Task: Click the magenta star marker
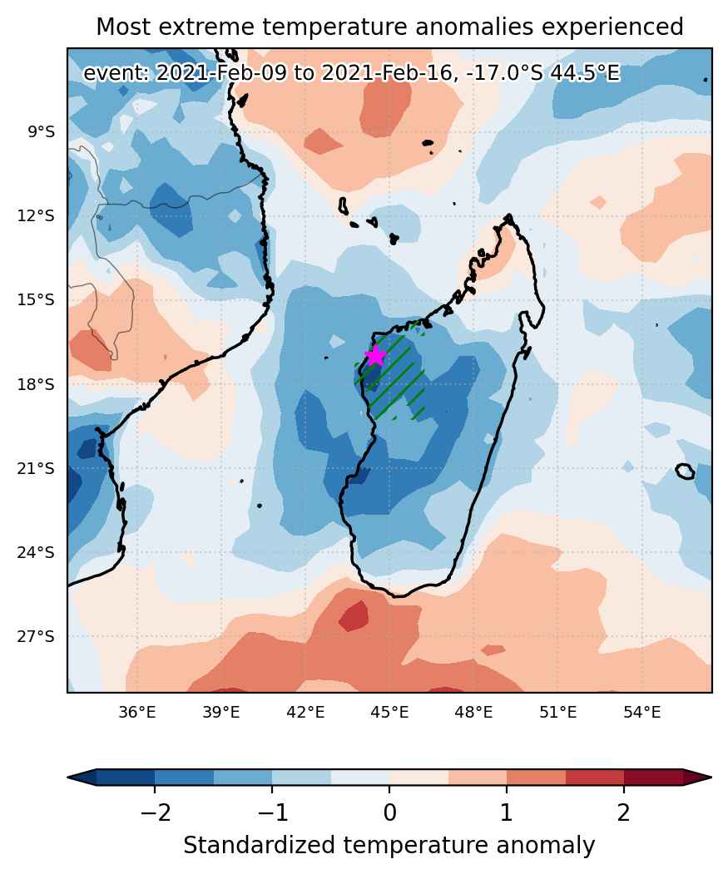click(x=375, y=355)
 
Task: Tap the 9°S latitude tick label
click(x=42, y=132)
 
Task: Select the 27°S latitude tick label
click(x=36, y=636)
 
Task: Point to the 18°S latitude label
click(x=36, y=384)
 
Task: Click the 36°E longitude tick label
click(x=137, y=712)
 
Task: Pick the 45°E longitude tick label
click(x=389, y=712)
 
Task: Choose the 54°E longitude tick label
click(x=642, y=712)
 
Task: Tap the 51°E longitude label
click(x=557, y=712)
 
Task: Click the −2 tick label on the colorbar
click(x=155, y=812)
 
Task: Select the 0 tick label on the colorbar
click(x=389, y=812)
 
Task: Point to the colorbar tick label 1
click(x=507, y=812)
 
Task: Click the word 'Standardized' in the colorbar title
click(x=259, y=845)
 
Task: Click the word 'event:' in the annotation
click(x=116, y=73)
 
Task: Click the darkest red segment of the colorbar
click(x=652, y=777)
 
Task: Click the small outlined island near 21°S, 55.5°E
click(x=685, y=471)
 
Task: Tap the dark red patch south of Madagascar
click(x=354, y=616)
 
